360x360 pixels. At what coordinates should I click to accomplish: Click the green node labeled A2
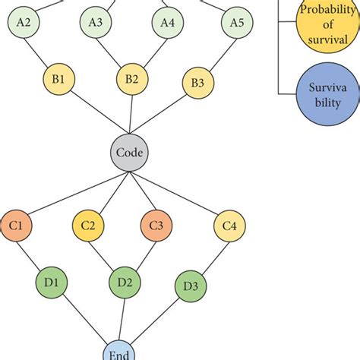pos(24,23)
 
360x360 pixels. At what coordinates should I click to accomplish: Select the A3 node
pos(96,23)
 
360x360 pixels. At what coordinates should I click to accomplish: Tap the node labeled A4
pos(167,23)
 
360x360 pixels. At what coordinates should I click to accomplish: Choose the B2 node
pos(131,79)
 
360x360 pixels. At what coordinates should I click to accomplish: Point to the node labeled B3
pos(197,83)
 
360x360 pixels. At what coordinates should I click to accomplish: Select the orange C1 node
pos(16,225)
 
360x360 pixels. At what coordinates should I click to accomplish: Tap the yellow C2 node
pos(88,225)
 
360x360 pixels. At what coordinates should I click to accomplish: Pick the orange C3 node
pos(156,225)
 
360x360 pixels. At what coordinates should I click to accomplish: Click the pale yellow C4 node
pos(230,226)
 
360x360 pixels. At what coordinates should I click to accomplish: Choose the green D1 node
pos(52,282)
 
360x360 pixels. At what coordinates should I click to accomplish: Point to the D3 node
pos(191,286)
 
